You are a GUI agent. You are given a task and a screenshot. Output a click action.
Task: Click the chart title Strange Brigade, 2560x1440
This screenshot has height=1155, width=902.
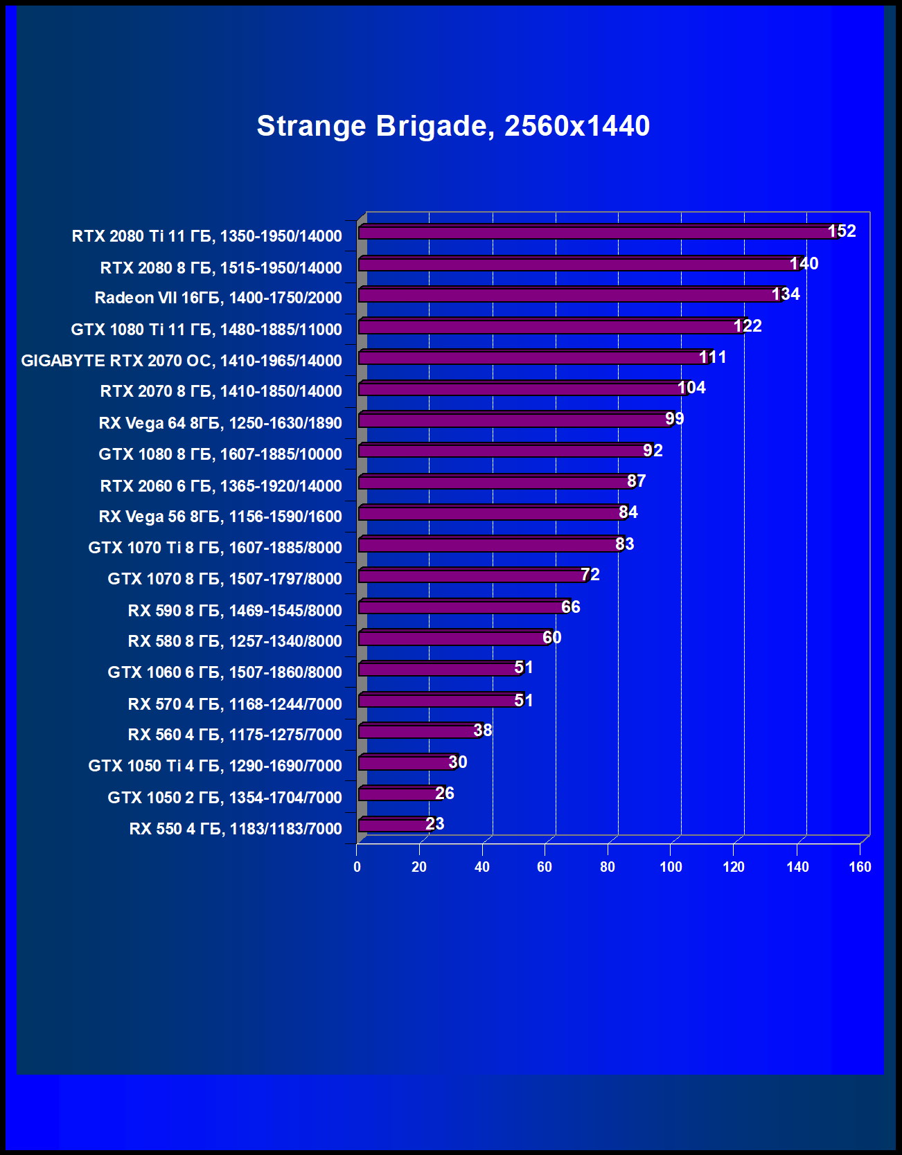tap(453, 126)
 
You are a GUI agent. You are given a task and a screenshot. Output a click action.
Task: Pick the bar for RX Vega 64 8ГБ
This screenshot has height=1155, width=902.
tap(513, 420)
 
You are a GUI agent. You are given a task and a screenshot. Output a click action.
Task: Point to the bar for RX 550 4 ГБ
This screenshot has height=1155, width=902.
tap(393, 825)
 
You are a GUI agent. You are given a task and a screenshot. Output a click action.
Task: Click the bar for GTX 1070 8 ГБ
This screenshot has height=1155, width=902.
tap(471, 576)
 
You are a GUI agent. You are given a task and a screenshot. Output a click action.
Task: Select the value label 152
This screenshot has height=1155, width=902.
tap(842, 231)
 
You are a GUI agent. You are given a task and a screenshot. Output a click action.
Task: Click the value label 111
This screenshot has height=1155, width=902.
tap(712, 357)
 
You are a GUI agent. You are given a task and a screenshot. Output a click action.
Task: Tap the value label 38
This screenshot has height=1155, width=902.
tap(483, 731)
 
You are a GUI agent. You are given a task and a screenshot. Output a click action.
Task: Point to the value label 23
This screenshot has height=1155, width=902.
tap(435, 824)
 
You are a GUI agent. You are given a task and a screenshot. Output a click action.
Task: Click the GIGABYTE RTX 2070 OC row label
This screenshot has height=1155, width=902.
tap(182, 361)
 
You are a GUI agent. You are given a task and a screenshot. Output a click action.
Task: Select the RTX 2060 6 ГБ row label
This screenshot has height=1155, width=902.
tap(221, 486)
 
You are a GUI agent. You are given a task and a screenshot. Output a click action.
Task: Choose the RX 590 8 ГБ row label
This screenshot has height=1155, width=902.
tap(235, 611)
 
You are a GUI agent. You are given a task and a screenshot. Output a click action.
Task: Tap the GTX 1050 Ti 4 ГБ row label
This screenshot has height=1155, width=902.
tap(215, 766)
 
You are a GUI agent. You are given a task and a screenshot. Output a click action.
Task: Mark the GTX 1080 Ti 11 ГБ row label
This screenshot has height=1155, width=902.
tap(206, 330)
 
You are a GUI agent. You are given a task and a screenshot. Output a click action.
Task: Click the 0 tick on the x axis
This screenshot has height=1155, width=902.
tap(357, 867)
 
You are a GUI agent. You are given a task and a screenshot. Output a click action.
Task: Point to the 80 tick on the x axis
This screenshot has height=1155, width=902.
tap(608, 867)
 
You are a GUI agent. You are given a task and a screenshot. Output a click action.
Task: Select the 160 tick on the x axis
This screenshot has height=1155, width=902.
tap(860, 867)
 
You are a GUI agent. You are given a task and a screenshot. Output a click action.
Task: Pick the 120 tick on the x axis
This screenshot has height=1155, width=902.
tap(734, 867)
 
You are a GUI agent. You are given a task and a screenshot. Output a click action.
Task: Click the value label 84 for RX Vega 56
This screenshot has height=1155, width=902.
tap(628, 512)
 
